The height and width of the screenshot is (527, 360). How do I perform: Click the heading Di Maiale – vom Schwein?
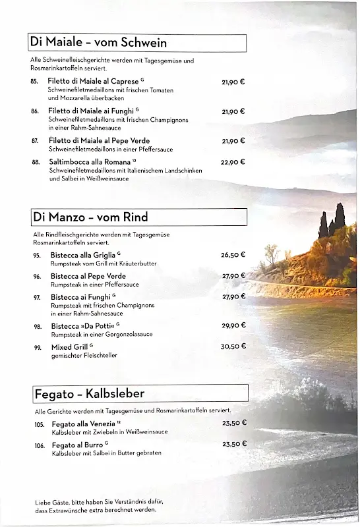(x=98, y=43)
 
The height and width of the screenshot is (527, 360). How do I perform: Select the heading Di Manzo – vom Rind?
(x=91, y=217)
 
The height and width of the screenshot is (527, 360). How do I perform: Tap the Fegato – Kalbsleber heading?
(x=89, y=394)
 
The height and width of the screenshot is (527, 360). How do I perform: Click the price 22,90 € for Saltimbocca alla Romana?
(x=233, y=162)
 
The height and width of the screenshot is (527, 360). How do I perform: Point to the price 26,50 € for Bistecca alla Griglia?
(x=233, y=255)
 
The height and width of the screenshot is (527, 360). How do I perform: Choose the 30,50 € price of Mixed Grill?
(x=233, y=347)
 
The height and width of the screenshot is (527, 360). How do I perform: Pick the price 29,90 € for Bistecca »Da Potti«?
(x=233, y=325)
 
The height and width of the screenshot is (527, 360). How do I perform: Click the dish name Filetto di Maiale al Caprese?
(x=93, y=81)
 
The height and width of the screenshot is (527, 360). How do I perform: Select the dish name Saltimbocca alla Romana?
(x=90, y=162)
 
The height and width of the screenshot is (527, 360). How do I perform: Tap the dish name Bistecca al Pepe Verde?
(x=88, y=276)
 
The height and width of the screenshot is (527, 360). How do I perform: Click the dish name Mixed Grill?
(x=70, y=347)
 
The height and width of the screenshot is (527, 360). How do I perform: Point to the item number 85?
(x=34, y=81)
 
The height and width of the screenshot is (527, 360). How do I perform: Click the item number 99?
(x=38, y=347)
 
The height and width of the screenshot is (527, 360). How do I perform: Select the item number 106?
(x=40, y=446)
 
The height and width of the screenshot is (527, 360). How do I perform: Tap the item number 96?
(x=38, y=277)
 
